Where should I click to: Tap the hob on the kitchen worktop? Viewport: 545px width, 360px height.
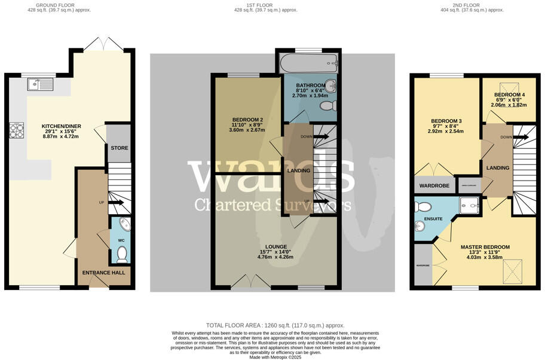[x=16, y=130]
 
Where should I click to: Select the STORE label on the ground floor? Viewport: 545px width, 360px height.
[x=119, y=148]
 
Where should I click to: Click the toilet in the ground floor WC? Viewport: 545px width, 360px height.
[x=122, y=255]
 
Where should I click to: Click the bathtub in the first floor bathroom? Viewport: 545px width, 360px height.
[x=310, y=62]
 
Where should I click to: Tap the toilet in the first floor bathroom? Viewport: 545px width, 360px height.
[x=328, y=106]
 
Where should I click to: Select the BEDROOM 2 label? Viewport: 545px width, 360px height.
[x=247, y=120]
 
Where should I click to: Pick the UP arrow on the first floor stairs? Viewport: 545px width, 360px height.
[x=320, y=202]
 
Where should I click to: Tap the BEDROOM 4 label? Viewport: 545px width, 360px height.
[x=509, y=94]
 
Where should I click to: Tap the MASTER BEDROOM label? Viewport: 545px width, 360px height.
[x=485, y=247]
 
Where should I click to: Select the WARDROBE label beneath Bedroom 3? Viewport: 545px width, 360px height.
[x=433, y=185]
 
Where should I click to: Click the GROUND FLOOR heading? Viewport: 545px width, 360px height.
[x=59, y=4]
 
